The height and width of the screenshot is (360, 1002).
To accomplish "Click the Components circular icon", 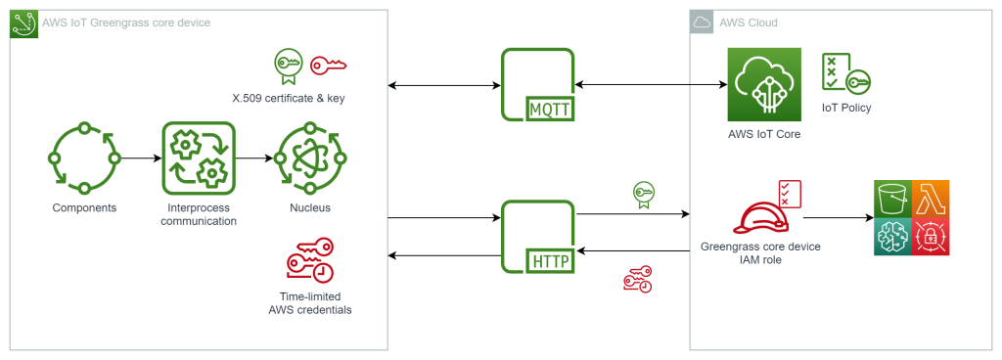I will (x=83, y=157).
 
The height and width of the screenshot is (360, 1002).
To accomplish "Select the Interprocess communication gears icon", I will (x=199, y=157).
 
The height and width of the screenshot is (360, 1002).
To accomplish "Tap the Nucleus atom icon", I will (x=309, y=157).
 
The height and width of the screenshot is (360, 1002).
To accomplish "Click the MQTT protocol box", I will (x=537, y=87).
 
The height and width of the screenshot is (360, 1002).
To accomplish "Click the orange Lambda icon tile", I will (x=931, y=199).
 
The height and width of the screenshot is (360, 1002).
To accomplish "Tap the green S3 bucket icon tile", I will (x=891, y=199).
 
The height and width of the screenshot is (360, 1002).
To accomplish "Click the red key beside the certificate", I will (x=329, y=66).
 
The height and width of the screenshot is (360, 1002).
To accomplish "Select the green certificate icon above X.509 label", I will (x=287, y=65).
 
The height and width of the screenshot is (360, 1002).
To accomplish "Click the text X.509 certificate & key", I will (x=288, y=98).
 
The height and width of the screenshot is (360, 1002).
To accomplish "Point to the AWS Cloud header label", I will (x=749, y=22).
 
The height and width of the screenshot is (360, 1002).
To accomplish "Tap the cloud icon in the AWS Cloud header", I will (x=702, y=22).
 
